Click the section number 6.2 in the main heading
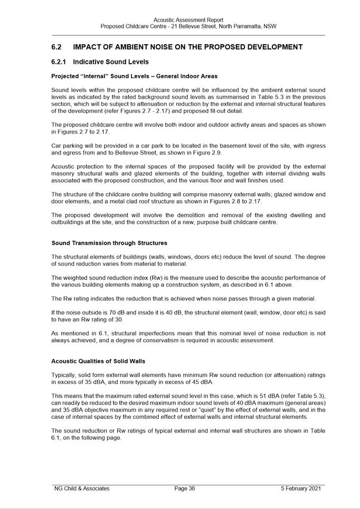(56, 47)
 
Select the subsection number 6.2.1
(59, 62)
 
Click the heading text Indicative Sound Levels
(111, 62)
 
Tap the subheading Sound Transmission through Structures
(109, 243)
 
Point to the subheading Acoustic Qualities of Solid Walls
(98, 361)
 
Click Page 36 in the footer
(185, 488)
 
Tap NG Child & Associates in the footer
(82, 488)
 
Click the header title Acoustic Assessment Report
(188, 20)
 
